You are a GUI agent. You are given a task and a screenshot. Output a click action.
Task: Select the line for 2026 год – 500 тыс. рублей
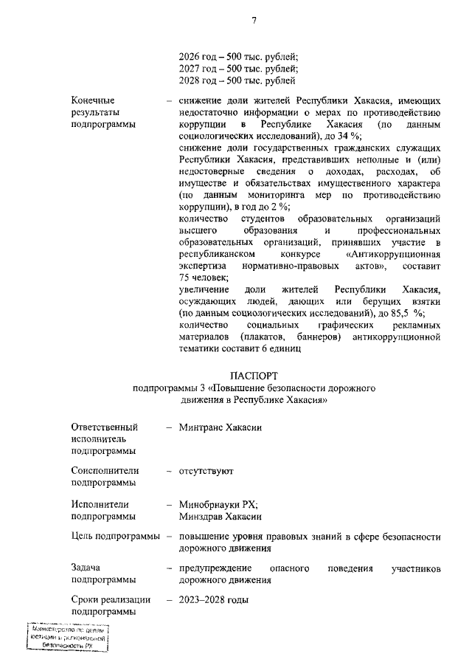238,56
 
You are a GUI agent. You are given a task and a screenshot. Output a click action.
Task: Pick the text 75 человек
203,277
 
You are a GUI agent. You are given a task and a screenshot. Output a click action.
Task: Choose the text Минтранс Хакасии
221,427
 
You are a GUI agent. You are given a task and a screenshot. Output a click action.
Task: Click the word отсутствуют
206,469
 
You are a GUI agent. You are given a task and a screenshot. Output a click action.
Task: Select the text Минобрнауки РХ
218,505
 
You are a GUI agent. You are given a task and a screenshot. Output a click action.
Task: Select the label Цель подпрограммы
116,536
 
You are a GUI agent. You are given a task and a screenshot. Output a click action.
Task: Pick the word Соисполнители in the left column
105,469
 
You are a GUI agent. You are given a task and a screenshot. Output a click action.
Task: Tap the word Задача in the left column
86,568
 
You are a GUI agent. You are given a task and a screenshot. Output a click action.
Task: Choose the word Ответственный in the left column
105,427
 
